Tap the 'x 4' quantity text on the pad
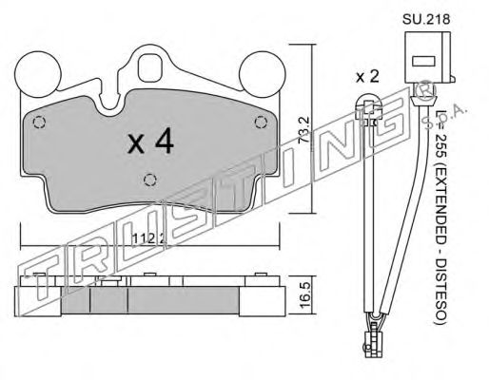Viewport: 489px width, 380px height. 150,142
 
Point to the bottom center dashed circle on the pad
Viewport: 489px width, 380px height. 147,180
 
